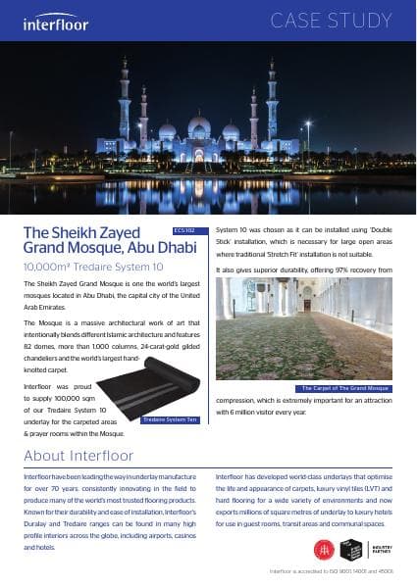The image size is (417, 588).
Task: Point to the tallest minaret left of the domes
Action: click(125, 103)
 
